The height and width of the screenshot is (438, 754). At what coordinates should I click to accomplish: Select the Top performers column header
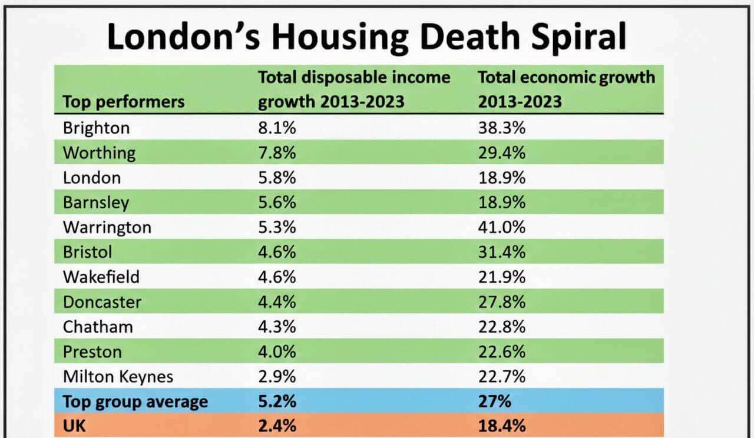123,102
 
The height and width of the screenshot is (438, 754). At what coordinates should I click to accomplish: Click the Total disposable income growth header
354,89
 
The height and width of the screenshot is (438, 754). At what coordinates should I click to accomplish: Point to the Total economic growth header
565,89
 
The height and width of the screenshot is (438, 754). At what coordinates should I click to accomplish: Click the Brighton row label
96,128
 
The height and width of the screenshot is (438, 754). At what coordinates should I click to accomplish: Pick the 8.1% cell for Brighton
277,128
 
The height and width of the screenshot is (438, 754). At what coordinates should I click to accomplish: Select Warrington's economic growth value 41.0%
501,227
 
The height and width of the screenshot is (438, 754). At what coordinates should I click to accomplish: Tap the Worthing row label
99,153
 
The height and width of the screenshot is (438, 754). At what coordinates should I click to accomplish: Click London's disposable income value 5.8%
277,178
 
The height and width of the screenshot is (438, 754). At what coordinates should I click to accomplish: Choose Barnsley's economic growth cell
501,203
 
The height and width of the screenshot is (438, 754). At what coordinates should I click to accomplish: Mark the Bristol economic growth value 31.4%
501,252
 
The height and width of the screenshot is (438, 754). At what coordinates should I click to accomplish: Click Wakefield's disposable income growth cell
277,277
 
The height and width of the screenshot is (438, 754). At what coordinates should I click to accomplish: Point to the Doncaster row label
102,302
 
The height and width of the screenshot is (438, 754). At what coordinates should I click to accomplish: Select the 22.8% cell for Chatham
501,327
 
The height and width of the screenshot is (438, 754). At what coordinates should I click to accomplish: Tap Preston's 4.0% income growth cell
277,352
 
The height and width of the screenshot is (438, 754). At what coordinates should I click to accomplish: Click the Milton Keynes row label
118,377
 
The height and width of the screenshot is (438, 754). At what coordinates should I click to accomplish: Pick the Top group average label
135,402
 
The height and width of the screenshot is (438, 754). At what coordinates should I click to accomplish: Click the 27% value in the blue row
494,402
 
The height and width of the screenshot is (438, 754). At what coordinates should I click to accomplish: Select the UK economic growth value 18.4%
501,426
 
